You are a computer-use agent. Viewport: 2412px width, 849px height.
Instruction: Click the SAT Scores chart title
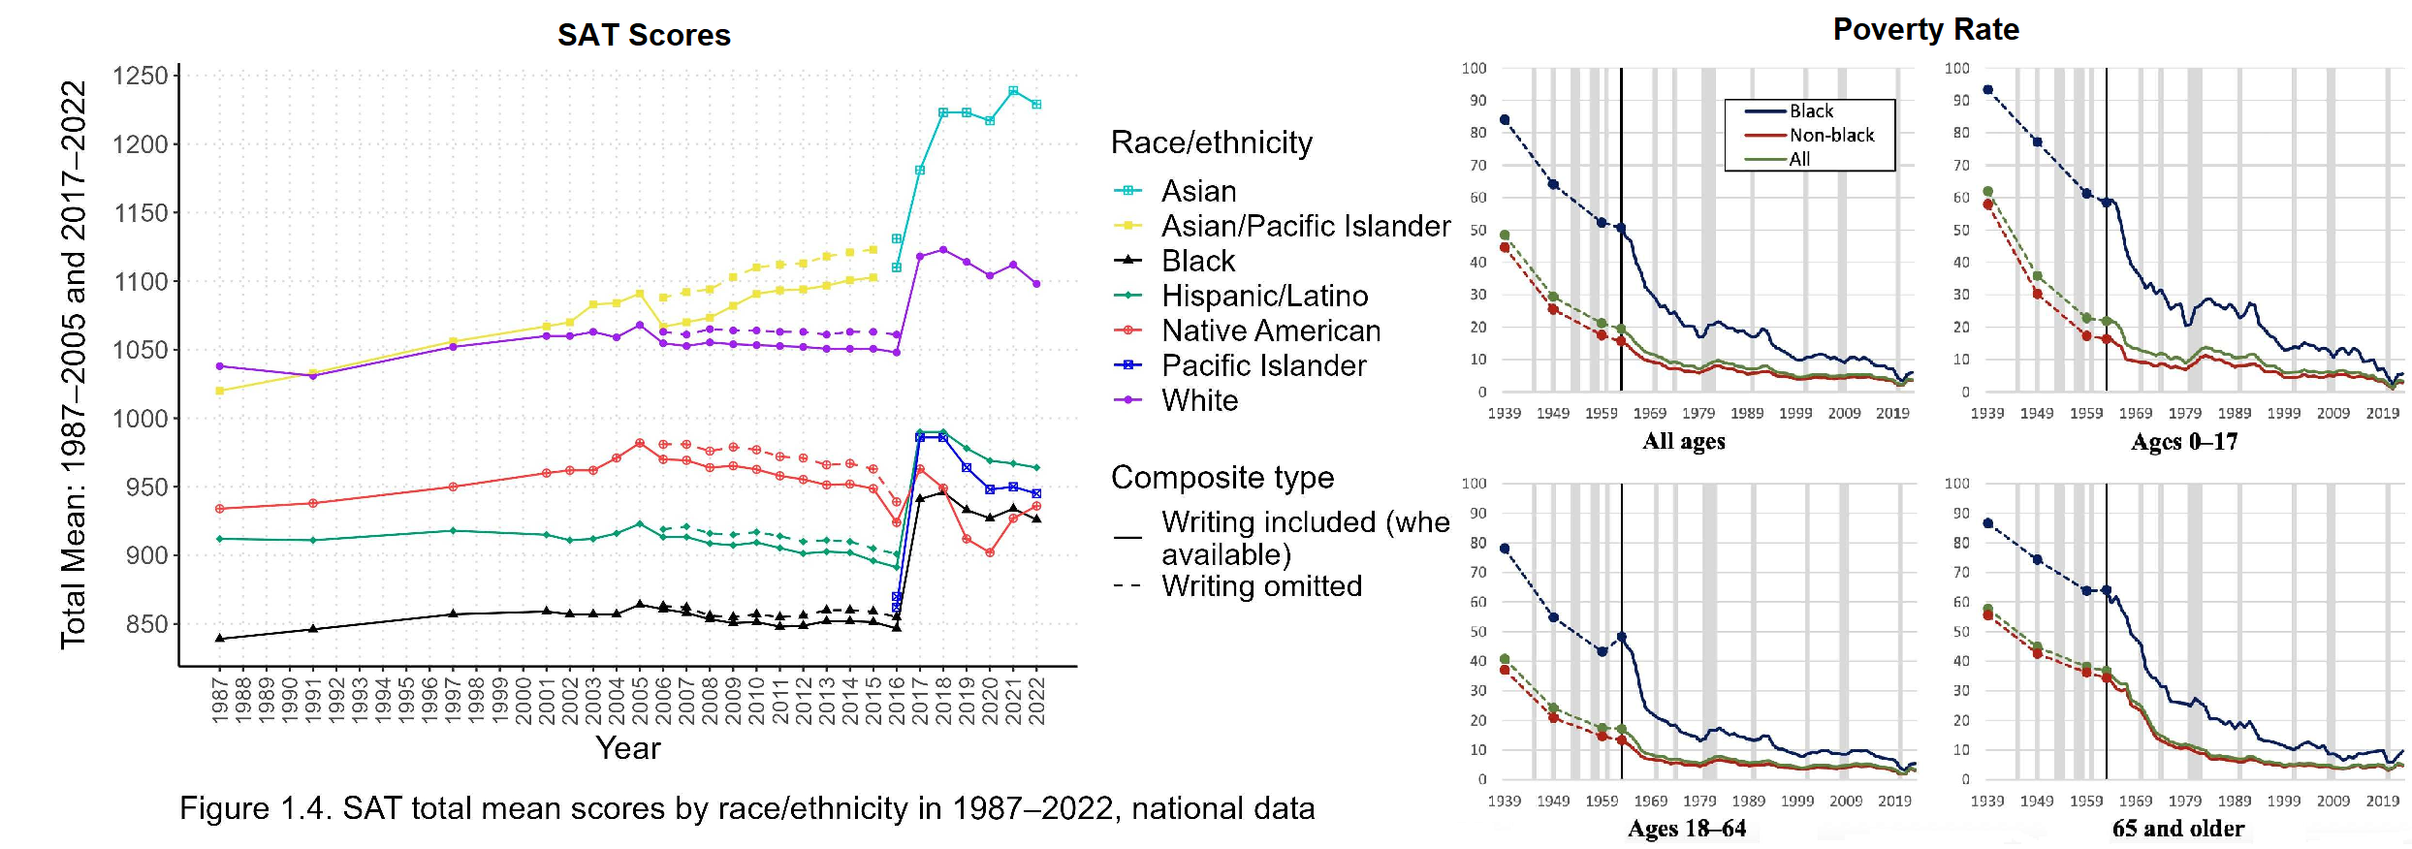pos(644,35)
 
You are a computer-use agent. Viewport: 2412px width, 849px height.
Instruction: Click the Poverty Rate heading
pos(1925,29)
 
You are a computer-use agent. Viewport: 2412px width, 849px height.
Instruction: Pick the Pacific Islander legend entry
pos(1263,365)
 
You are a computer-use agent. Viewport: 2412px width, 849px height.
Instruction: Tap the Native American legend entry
pos(1270,330)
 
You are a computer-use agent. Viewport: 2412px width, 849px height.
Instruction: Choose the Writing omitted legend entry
pos(1261,586)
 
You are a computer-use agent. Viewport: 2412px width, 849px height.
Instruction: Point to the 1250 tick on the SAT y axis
pos(141,76)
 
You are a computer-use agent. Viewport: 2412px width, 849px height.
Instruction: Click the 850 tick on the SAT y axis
pos(146,624)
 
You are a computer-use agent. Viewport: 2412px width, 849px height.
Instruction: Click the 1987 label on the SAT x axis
pos(220,700)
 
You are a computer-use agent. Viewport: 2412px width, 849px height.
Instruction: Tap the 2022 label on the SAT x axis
pos(1036,700)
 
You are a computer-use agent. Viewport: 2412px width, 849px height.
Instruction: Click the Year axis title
pos(628,748)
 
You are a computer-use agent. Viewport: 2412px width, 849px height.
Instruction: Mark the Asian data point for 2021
pos(1013,91)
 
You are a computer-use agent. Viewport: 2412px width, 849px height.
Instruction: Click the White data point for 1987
pos(220,366)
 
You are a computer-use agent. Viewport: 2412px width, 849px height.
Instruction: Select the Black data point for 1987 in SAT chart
pos(220,639)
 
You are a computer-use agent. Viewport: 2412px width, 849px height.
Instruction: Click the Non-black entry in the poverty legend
pos(1831,136)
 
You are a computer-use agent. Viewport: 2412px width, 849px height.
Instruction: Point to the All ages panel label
pos(1684,442)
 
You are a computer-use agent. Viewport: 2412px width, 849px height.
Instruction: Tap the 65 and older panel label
pos(2177,829)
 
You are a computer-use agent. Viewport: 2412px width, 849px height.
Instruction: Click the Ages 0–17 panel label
pos(2184,442)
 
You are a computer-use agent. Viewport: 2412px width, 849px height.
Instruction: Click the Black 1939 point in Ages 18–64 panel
pos(1505,549)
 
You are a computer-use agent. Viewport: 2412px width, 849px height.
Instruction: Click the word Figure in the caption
pos(224,808)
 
